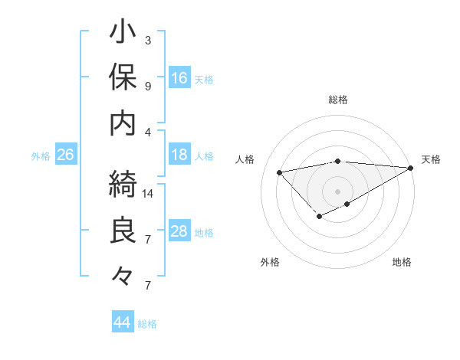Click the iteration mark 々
pos(123,274)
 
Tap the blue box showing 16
pos(179,78)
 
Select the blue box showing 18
pos(179,155)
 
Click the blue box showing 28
pos(179,231)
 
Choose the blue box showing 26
pos(66,155)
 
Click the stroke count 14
pos(149,194)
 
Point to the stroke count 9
pos(148,86)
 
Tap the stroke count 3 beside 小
pos(148,40)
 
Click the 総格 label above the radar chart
pos(338,100)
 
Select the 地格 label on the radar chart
pos(402,263)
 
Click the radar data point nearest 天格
pos(411,168)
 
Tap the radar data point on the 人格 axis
pos(280,172)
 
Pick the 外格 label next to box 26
pos(41,156)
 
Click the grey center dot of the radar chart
pos(338,191)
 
